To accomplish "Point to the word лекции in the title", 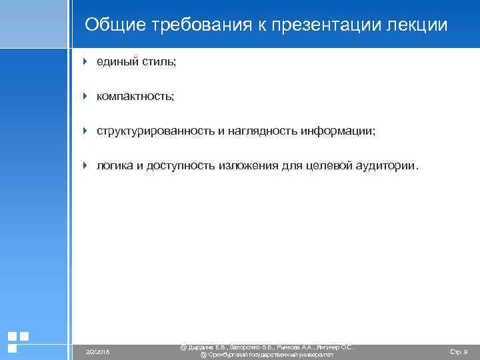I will pos(418,25).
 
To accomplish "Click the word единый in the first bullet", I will pos(115,62).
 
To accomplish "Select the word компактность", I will pos(135,97).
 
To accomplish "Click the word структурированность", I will pos(155,131).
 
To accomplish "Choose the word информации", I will pos(337,131).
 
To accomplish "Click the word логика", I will pos(115,166).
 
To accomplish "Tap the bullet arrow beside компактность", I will pos(85,97).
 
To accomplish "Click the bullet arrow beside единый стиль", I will pos(85,62).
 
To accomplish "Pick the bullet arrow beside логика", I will pos(85,165).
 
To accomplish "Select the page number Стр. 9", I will pos(459,351).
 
